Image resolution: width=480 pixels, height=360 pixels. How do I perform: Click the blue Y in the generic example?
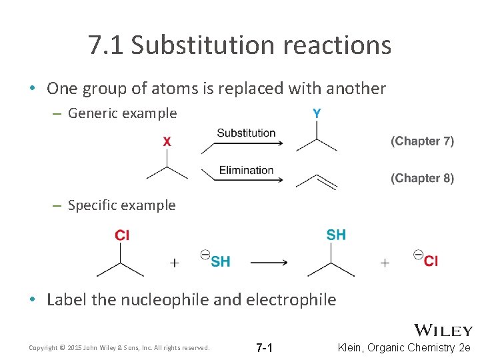(x=316, y=114)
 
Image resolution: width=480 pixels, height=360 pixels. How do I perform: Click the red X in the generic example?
(x=167, y=141)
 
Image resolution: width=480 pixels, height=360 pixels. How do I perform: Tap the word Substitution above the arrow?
(x=246, y=133)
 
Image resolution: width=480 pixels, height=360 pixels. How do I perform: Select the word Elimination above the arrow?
(x=246, y=170)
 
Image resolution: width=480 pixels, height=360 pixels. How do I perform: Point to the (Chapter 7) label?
(x=422, y=141)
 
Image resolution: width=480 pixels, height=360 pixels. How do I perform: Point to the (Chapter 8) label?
(x=422, y=178)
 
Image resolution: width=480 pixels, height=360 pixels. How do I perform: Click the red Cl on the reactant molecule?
(x=122, y=235)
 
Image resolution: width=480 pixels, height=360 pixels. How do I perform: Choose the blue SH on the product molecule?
(x=336, y=235)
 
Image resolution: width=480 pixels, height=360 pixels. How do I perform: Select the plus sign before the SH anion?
(x=175, y=263)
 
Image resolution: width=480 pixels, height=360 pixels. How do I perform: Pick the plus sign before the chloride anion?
(x=385, y=263)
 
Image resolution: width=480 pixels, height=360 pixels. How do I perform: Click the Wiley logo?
(x=443, y=330)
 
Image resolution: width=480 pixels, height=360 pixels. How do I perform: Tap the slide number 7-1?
(x=265, y=348)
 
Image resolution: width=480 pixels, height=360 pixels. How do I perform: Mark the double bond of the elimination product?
(x=324, y=181)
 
